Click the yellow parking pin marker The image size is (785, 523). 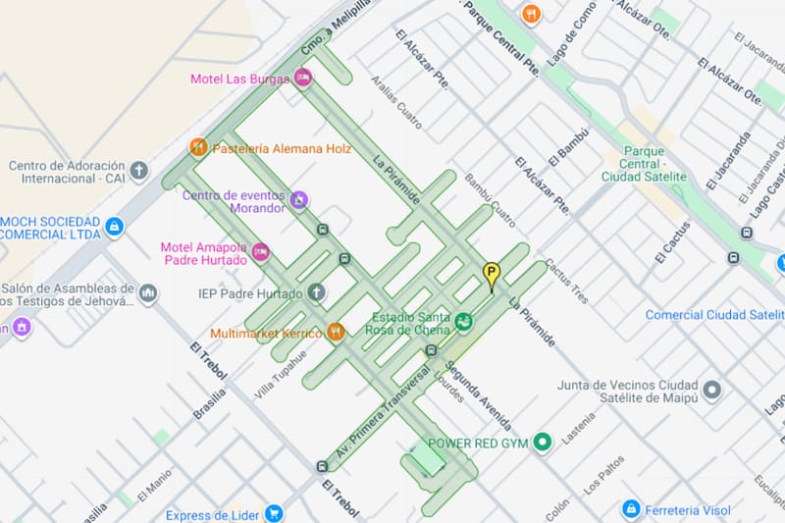point(492,275)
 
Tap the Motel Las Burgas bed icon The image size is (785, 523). point(302,78)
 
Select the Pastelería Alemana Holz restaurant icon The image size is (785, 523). point(199,148)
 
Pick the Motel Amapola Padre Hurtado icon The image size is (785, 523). point(260,252)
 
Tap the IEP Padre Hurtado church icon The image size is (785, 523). point(316,292)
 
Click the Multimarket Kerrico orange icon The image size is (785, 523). point(336,333)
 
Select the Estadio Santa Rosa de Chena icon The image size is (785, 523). point(463,321)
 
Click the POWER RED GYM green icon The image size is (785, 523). point(541,443)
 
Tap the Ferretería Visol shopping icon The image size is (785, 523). point(631,509)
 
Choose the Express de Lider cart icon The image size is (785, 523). point(274,514)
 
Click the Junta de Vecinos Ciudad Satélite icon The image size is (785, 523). point(712,391)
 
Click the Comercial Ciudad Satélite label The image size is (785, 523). point(714,315)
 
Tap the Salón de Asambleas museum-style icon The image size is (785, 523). point(148,293)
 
